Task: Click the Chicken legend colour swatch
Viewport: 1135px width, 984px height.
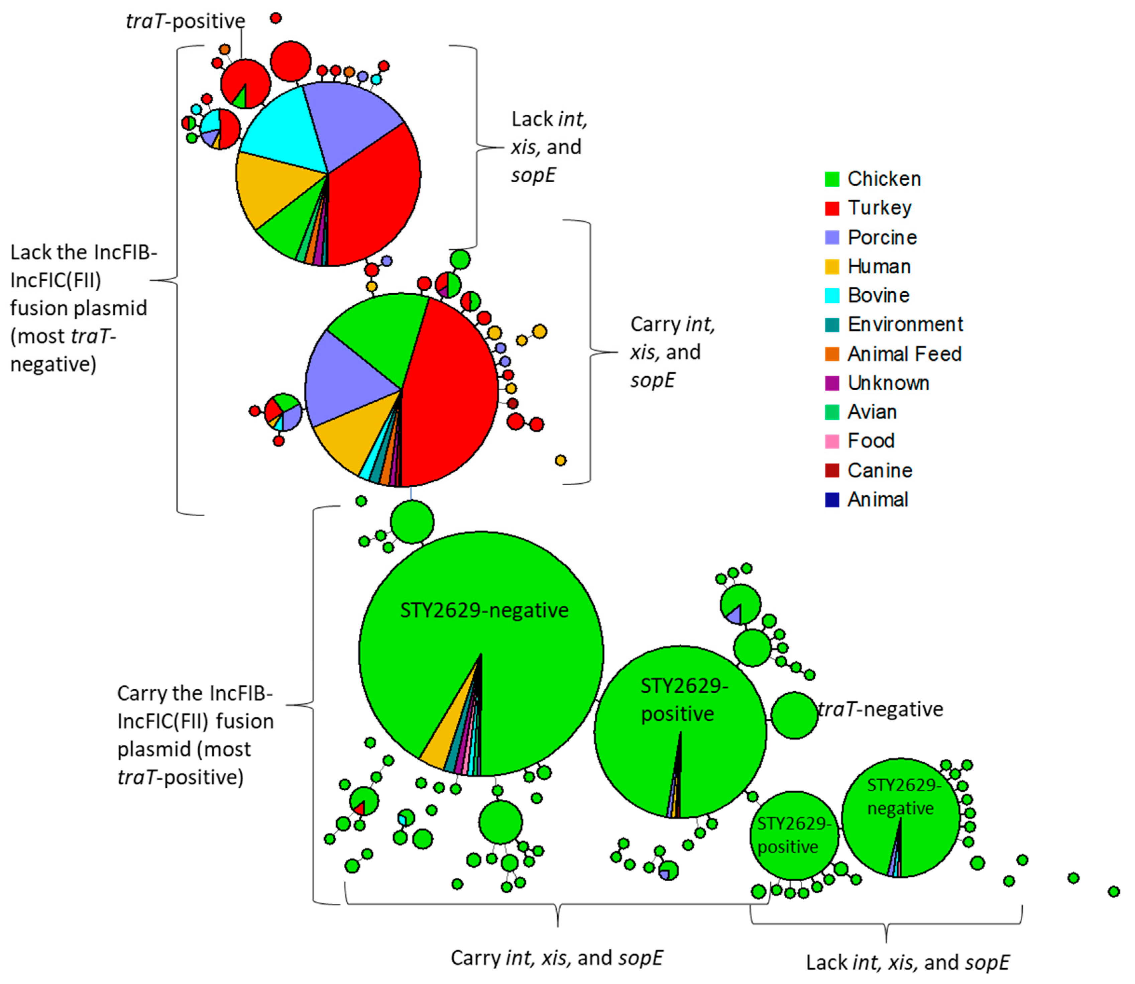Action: (x=832, y=179)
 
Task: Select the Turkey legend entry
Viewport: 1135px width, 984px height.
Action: (x=879, y=208)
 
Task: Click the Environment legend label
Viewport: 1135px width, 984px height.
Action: (x=905, y=324)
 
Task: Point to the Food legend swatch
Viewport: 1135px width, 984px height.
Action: (x=832, y=441)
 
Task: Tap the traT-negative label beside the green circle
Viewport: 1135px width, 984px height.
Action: (x=880, y=709)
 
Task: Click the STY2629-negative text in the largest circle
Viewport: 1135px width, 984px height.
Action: (x=484, y=611)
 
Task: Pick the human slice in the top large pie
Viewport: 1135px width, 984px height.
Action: (x=269, y=187)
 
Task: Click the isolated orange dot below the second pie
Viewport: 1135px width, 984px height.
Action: (x=560, y=460)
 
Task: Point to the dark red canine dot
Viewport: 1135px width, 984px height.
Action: (x=513, y=404)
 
